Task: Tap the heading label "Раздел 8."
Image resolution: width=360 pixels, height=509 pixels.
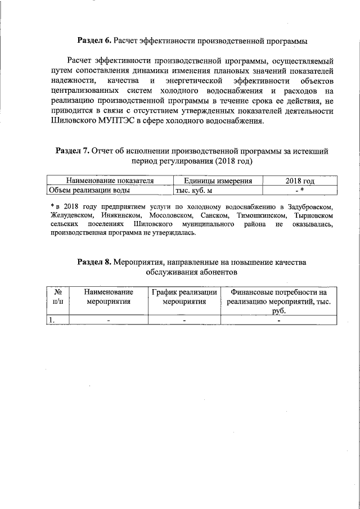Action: [95, 262]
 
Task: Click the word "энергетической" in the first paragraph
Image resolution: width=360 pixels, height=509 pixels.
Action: [190, 81]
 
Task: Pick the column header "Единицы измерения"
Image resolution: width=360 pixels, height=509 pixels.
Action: [217, 181]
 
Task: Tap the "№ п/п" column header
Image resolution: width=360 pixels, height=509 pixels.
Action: [57, 296]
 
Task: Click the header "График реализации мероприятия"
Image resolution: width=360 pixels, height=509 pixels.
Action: [184, 296]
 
